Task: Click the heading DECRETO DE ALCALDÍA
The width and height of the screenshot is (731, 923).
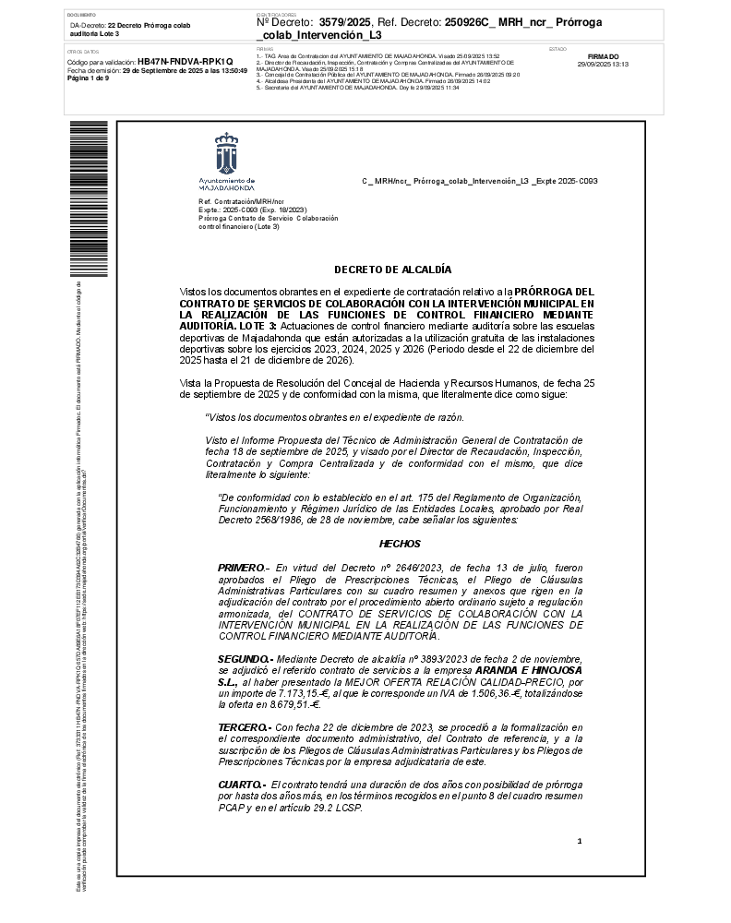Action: [392, 270]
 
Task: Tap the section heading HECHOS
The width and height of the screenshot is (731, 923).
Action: [399, 544]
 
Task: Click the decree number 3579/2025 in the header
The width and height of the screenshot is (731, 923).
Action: [346, 19]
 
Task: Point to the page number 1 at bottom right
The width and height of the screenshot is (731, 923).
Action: [580, 841]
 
